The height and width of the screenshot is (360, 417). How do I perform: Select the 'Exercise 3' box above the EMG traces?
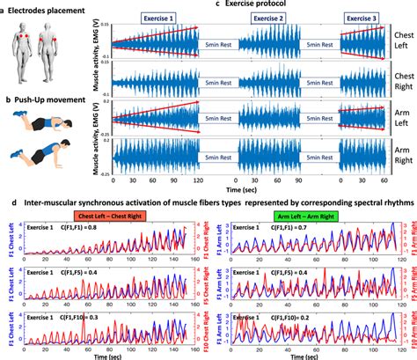coord(364,18)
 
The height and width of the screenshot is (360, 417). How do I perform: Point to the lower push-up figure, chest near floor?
coord(55,158)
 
